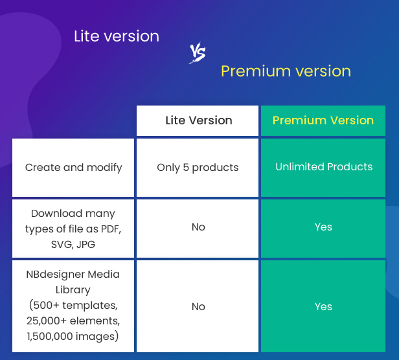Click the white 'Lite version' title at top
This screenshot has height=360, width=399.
[x=117, y=36]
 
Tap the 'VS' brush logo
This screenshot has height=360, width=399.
[x=198, y=52]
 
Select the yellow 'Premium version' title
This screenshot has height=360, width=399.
[x=286, y=71]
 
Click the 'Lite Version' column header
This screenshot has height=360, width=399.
[x=199, y=120]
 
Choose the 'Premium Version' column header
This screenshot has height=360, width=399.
[x=323, y=120]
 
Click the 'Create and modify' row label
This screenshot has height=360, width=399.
[x=74, y=168]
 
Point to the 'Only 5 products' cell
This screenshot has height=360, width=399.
[x=198, y=168]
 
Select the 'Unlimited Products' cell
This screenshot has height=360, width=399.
[x=324, y=166]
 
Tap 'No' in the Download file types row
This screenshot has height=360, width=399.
[x=198, y=227]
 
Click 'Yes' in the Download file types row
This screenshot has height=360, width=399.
[x=323, y=227]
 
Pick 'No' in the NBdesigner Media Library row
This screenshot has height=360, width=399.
[x=198, y=306]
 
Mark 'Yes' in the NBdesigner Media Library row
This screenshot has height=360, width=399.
[x=323, y=306]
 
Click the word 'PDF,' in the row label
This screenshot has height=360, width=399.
[x=111, y=229]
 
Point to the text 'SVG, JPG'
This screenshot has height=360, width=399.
[x=73, y=245]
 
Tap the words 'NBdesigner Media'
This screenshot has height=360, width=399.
[x=73, y=275]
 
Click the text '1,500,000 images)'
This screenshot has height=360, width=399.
[x=73, y=336]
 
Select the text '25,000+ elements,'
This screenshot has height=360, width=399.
[x=73, y=321]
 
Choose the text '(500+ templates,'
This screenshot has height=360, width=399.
[x=73, y=306]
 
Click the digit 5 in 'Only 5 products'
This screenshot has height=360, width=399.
[x=186, y=168]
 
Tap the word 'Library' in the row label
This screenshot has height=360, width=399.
[x=73, y=290]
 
